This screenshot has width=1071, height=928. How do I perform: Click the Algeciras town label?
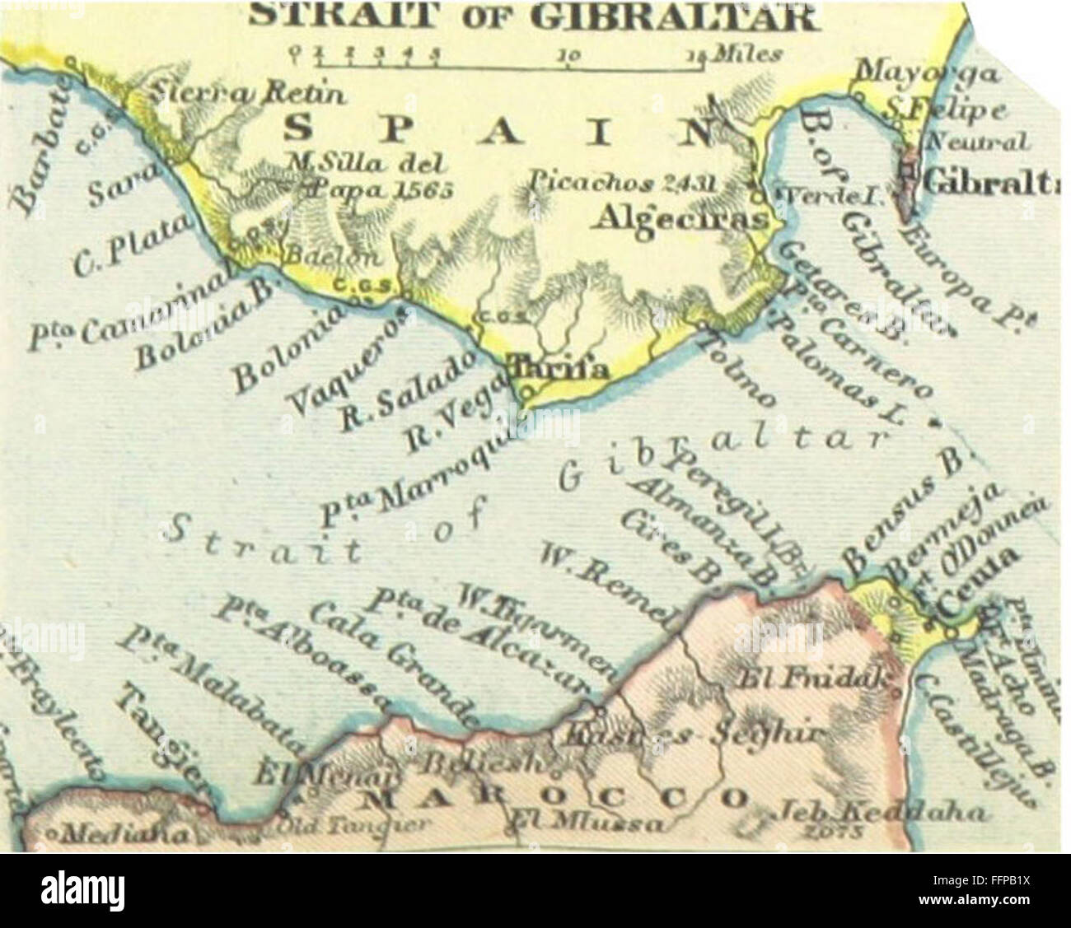[x=681, y=219]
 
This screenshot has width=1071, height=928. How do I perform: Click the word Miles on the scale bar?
[x=746, y=55]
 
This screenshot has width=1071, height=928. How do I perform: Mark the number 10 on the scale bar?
[x=570, y=56]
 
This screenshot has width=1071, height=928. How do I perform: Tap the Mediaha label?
[x=120, y=832]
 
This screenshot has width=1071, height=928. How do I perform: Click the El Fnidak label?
[x=812, y=680]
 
